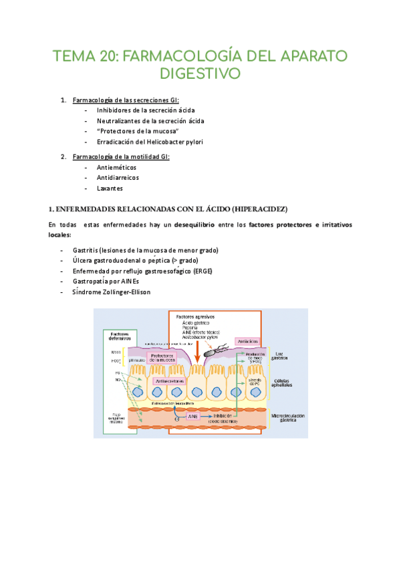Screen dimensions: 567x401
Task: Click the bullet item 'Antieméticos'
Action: (x=116, y=167)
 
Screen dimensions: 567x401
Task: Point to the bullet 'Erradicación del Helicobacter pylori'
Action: (x=150, y=142)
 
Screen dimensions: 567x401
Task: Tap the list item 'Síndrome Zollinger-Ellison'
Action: (x=112, y=292)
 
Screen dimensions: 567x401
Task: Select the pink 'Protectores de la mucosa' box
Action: (x=162, y=358)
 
